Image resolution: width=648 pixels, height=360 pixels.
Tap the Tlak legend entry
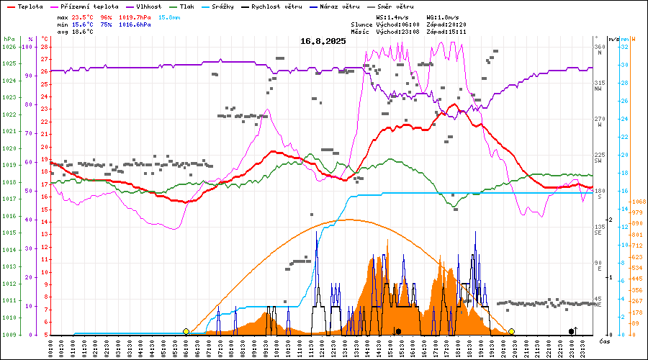pyautogui.click(x=189, y=6)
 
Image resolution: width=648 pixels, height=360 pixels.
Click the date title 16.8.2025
pyautogui.click(x=323, y=41)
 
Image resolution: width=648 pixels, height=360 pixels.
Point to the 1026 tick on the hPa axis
pyautogui.click(x=9, y=48)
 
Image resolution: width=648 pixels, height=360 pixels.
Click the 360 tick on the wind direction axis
pyautogui.click(x=599, y=48)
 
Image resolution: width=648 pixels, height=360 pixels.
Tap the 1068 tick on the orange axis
pyautogui.click(x=636, y=201)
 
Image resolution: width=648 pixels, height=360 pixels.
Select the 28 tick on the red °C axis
pyautogui.click(x=45, y=48)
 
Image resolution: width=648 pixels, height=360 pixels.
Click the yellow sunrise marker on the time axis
pyautogui.click(x=186, y=331)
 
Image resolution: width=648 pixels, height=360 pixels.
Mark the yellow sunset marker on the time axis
pyautogui.click(x=511, y=331)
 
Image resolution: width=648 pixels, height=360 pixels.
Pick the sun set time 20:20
pyautogui.click(x=456, y=24)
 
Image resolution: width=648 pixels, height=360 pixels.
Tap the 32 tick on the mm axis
pyautogui.click(x=625, y=48)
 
